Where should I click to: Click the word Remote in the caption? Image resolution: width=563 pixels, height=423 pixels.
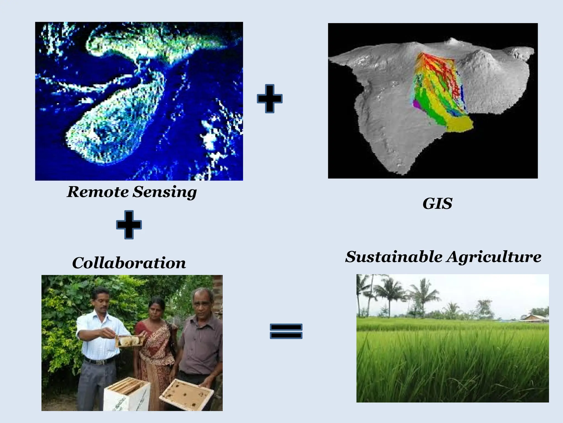(x=98, y=192)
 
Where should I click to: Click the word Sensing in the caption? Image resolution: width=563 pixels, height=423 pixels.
(x=165, y=192)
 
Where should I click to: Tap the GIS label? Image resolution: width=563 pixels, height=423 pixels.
(x=437, y=204)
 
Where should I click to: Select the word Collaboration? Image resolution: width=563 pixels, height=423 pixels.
(x=129, y=263)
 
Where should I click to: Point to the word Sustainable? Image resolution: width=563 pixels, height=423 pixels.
(x=394, y=257)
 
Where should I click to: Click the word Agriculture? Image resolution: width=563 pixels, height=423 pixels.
(x=494, y=257)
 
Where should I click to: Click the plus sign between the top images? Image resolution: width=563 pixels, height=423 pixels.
(x=270, y=99)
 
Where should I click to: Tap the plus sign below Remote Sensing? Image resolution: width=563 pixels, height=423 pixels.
(x=129, y=225)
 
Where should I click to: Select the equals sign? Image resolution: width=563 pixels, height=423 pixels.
(x=286, y=331)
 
